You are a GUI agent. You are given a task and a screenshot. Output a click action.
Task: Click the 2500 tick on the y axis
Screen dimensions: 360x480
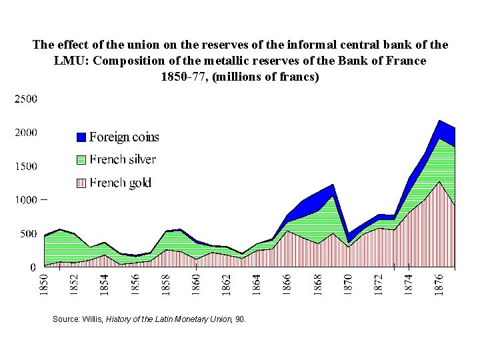coord(26,99)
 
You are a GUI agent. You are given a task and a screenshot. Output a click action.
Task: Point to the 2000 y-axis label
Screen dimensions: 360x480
coord(26,133)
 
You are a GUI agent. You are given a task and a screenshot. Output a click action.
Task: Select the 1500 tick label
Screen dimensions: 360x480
coord(26,166)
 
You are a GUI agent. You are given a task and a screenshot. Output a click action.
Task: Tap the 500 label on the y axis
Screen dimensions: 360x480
coord(28,233)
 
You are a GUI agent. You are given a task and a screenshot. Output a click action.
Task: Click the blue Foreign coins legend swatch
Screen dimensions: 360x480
coord(81,137)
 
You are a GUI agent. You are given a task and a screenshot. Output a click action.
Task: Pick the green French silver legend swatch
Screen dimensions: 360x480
coord(81,160)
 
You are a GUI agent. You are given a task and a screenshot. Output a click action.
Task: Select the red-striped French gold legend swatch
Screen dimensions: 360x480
coord(81,183)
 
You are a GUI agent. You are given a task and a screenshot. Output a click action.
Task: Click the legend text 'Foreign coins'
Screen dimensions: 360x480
coord(124,137)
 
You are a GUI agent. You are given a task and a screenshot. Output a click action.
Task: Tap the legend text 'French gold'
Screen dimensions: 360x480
coord(120,183)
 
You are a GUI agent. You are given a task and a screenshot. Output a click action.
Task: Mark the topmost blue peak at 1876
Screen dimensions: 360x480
coord(440,121)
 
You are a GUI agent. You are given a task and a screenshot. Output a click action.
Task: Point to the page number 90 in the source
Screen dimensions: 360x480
coord(240,319)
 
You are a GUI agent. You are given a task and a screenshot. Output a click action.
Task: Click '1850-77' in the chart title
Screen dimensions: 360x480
coord(181,76)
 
